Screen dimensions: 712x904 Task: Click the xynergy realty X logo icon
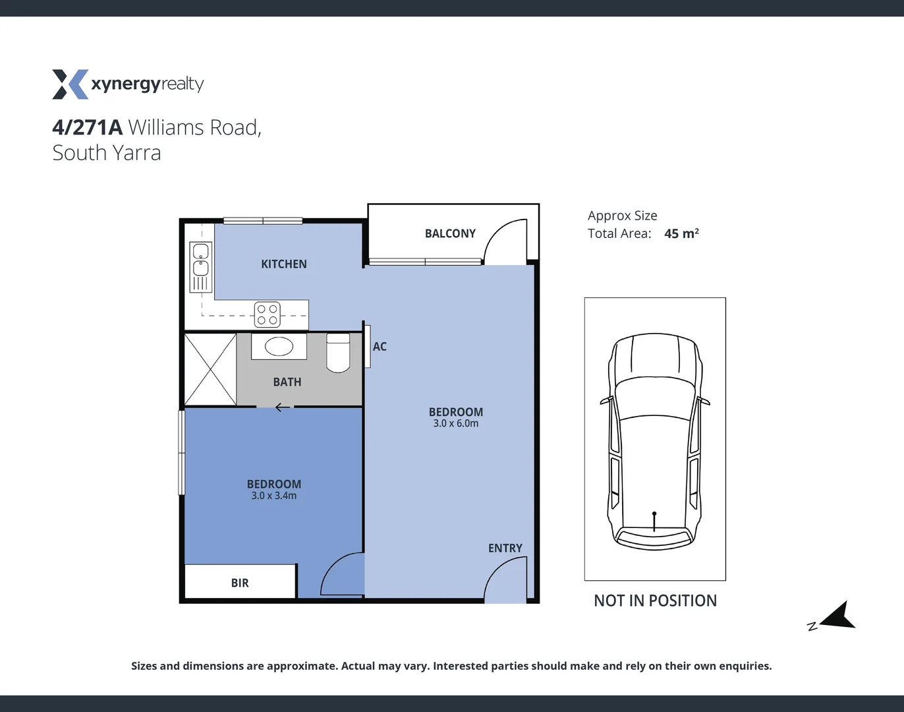(70, 84)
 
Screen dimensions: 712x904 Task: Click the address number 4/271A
(88, 127)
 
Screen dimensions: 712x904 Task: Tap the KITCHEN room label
(284, 264)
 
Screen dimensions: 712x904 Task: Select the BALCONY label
(450, 233)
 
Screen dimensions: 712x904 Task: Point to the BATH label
(287, 382)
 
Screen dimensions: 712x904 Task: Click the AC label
(380, 347)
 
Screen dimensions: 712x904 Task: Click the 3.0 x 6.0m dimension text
(456, 424)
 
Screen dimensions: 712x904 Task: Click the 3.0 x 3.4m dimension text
(274, 496)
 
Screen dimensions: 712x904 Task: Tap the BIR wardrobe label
(240, 583)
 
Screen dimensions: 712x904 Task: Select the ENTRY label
(505, 549)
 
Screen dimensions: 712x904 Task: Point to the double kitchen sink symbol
(200, 260)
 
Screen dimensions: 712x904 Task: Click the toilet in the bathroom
(338, 353)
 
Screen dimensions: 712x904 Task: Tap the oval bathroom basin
(279, 347)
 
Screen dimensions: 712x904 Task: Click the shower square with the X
(210, 370)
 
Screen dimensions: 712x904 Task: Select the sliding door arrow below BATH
(282, 407)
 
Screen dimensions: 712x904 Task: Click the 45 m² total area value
(681, 233)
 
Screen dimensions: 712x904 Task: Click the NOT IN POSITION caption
(655, 601)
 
